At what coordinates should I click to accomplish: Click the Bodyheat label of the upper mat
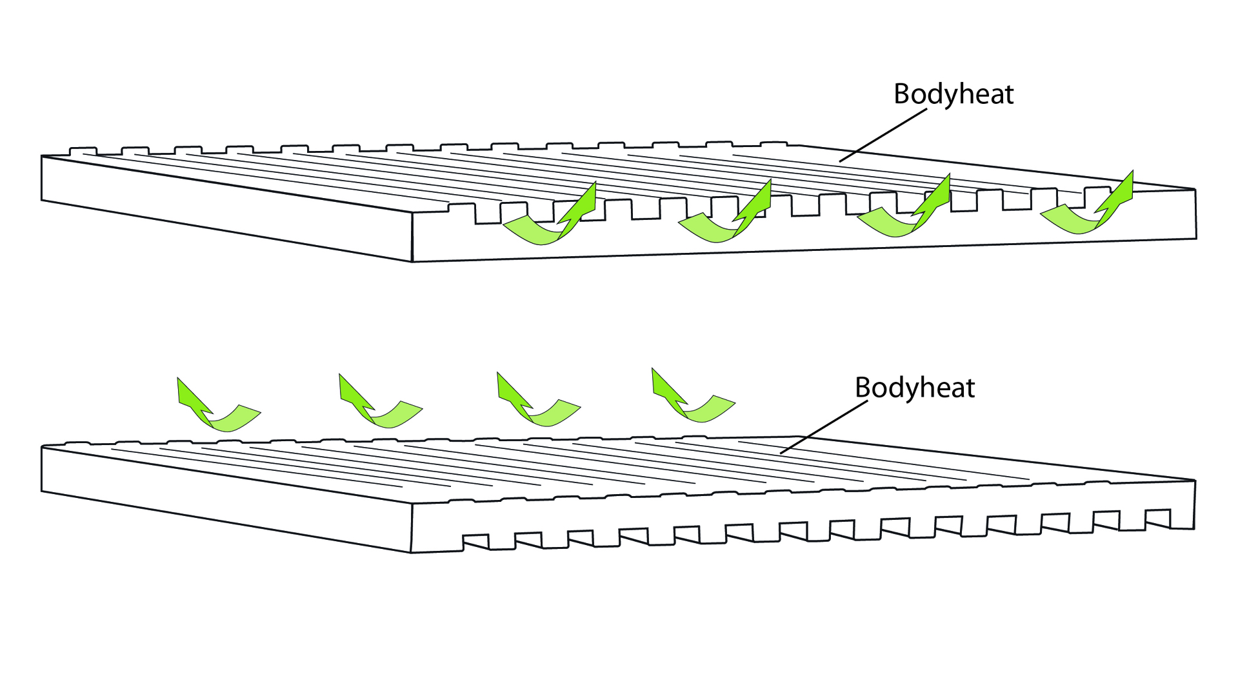(x=953, y=94)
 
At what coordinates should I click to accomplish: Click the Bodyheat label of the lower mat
(x=914, y=388)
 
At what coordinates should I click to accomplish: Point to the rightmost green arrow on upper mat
(x=1086, y=206)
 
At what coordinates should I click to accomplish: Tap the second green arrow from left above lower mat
(x=378, y=404)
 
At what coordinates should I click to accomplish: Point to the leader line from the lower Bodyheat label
(x=824, y=427)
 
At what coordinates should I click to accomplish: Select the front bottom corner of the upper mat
(x=412, y=261)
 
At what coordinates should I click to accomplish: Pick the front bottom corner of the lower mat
(x=411, y=552)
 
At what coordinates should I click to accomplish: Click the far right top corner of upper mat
(x=1195, y=189)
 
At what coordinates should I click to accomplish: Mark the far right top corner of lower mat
(x=1195, y=481)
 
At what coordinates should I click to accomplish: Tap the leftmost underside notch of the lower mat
(x=475, y=541)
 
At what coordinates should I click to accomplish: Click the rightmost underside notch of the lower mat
(x=1157, y=519)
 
